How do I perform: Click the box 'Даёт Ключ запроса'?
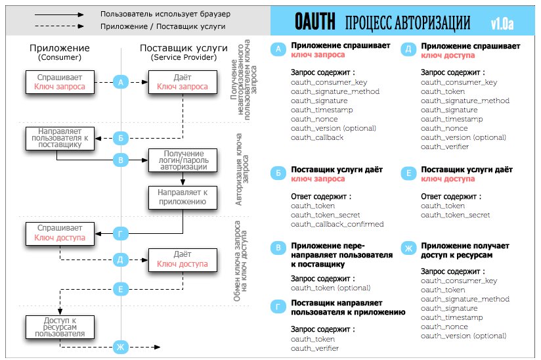[x=182, y=82]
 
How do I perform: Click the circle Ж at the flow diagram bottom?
[x=120, y=346]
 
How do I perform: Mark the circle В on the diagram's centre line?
[x=120, y=160]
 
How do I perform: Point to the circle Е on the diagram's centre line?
[x=120, y=288]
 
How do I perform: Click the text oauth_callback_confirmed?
[x=337, y=224]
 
